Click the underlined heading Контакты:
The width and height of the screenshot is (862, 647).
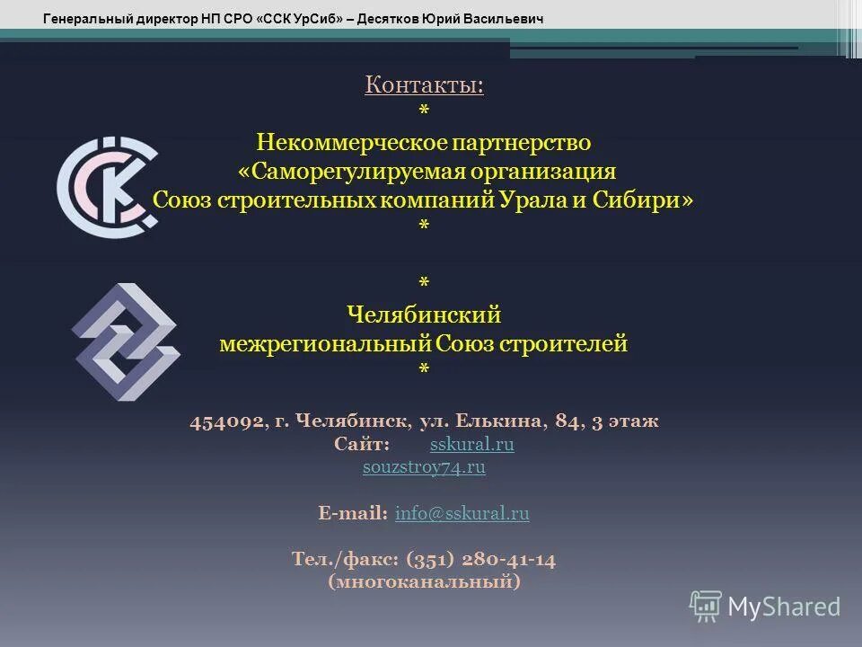[x=424, y=85]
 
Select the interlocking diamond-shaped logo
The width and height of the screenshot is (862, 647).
[x=126, y=341]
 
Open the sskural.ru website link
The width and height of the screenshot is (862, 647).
[x=472, y=445]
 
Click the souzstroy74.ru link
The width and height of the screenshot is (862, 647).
[x=424, y=466]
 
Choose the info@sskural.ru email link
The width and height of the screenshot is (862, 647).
[x=462, y=513]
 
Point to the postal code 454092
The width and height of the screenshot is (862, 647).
[x=227, y=421]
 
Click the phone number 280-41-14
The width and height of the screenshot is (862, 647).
[x=509, y=559]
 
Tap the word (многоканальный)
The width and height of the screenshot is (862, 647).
[x=424, y=582]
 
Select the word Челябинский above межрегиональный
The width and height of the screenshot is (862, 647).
[x=424, y=315]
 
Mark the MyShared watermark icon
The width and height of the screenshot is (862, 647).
[x=706, y=606]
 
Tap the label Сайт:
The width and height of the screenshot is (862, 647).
[x=362, y=445]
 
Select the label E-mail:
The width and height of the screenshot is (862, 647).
[x=353, y=513]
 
